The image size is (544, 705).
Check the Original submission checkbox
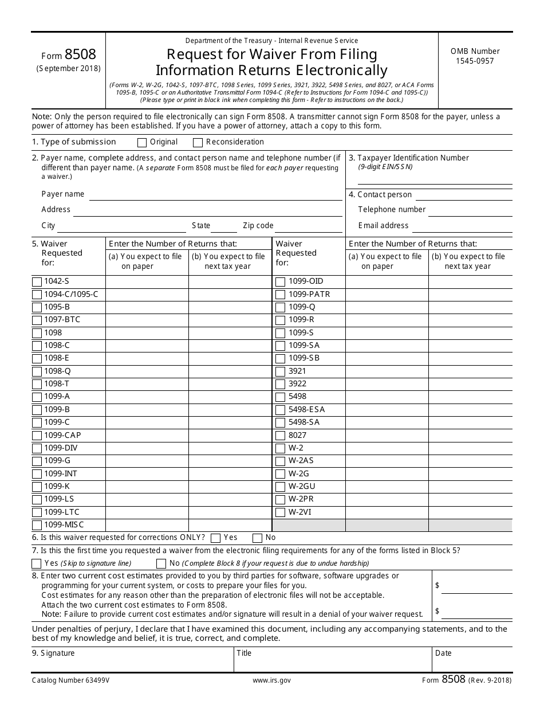click(142, 143)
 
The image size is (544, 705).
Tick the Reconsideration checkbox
click(198, 143)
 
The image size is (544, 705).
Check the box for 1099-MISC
click(37, 526)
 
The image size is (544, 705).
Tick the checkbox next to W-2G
click(281, 474)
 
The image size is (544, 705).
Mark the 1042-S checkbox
click(37, 281)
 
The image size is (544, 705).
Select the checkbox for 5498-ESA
click(281, 410)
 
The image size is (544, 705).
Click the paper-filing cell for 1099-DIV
click(147, 448)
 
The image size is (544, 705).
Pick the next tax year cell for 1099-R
click(470, 320)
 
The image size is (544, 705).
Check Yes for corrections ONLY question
click(216, 538)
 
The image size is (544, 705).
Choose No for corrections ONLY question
click(257, 538)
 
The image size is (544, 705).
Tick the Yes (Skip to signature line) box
click(37, 563)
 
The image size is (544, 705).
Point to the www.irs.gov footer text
click(271, 680)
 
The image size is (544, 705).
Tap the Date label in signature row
click(443, 653)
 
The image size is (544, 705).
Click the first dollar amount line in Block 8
click(477, 587)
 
